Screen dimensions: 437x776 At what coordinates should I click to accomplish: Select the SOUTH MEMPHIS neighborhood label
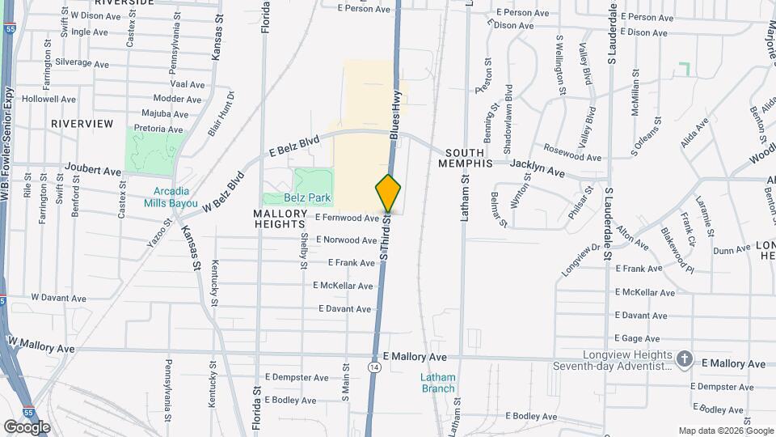[466, 158]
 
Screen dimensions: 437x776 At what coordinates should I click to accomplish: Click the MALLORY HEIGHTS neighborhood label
[280, 219]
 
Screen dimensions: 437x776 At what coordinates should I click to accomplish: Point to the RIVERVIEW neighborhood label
[82, 123]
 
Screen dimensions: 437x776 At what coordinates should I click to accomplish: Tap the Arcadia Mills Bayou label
[171, 197]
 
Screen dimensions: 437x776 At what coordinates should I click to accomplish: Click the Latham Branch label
[437, 383]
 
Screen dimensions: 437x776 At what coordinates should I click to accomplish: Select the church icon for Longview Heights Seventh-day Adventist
[684, 359]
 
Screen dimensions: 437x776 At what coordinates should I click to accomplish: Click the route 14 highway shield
[373, 367]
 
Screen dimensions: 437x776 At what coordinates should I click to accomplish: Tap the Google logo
[27, 426]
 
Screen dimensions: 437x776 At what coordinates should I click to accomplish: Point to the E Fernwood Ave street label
[347, 218]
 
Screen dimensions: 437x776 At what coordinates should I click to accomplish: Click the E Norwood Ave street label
[348, 240]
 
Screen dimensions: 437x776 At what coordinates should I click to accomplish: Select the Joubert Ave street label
[94, 171]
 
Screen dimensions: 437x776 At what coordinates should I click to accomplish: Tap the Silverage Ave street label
[82, 63]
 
